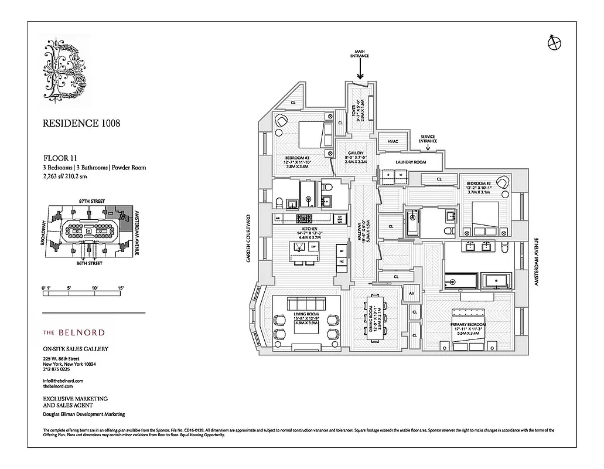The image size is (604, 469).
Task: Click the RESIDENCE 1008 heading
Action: (x=81, y=124)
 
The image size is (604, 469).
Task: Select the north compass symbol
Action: (x=552, y=42)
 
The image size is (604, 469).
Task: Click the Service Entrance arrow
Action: (x=427, y=148)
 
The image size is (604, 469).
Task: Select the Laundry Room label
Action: (x=410, y=162)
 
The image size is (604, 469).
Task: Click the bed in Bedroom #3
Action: (x=310, y=136)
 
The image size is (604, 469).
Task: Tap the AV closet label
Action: (x=412, y=293)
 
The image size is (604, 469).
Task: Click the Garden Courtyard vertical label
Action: (x=248, y=237)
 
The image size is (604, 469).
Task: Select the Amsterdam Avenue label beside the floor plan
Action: (x=535, y=261)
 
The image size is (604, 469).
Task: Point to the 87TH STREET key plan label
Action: (x=93, y=200)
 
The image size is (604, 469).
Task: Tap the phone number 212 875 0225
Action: (x=57, y=369)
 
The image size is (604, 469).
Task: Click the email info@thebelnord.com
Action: (x=63, y=380)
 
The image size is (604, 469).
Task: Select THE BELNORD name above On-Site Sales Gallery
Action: (x=74, y=332)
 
